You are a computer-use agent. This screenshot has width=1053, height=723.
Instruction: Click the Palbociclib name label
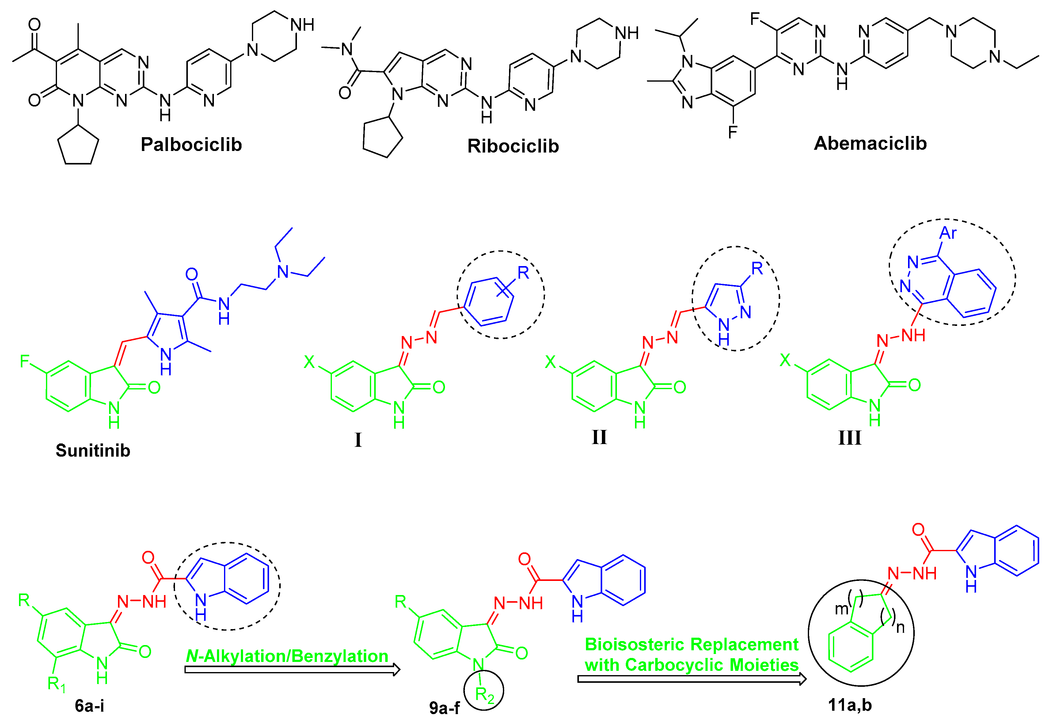click(x=191, y=145)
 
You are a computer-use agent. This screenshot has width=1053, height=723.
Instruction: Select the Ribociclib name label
click(x=513, y=146)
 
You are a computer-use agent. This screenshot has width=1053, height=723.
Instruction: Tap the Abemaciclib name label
click(x=870, y=143)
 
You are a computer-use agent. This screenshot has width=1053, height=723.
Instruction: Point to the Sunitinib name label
click(x=93, y=450)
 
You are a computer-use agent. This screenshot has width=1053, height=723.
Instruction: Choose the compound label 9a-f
click(x=444, y=708)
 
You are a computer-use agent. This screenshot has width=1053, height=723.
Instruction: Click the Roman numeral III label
click(x=850, y=438)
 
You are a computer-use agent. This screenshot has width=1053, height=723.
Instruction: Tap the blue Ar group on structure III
click(x=948, y=233)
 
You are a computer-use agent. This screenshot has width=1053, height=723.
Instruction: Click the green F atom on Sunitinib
click(x=25, y=361)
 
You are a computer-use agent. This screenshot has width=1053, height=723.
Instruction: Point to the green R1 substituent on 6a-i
click(x=56, y=683)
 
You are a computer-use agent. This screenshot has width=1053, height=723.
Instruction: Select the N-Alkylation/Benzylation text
click(x=287, y=656)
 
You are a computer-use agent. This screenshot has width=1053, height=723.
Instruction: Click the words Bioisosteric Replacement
click(x=691, y=644)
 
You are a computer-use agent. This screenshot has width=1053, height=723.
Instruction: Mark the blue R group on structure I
click(x=523, y=273)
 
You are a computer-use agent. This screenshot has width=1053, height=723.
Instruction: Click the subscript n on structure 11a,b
click(x=900, y=628)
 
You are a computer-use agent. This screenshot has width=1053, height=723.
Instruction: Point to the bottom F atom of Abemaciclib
click(x=733, y=132)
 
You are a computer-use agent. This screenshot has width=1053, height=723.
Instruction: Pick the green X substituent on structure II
click(x=550, y=361)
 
